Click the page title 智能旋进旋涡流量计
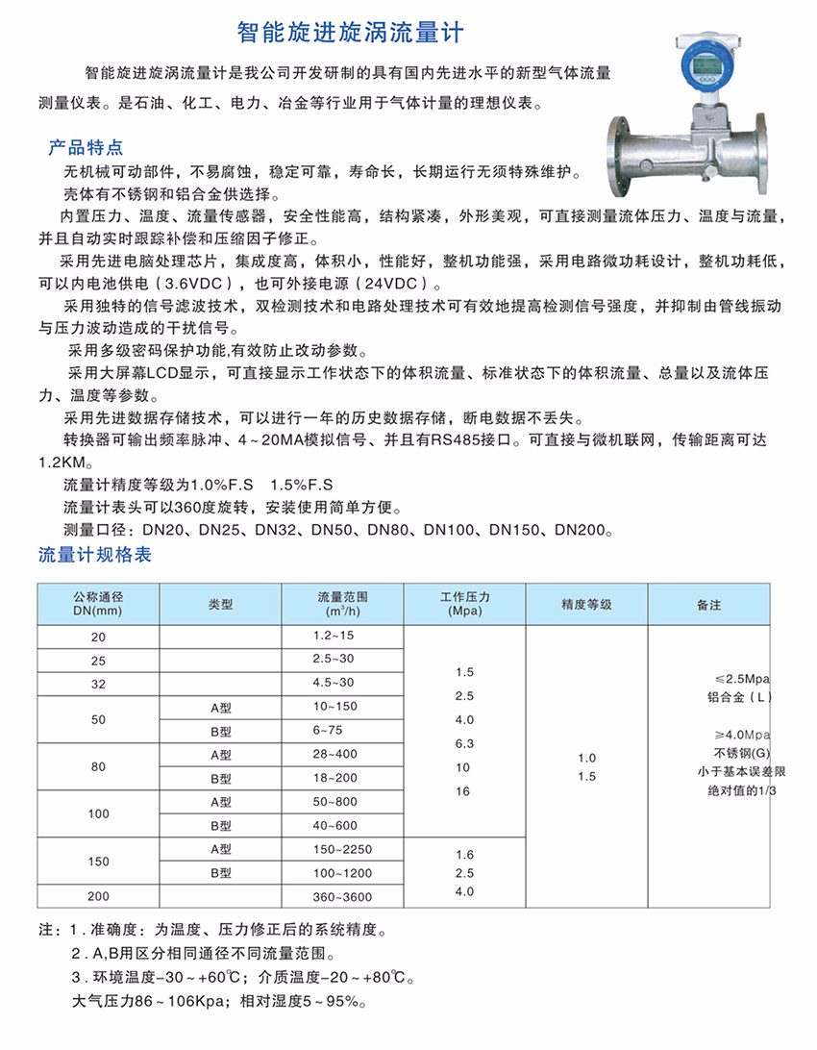click(350, 34)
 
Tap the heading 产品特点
click(86, 148)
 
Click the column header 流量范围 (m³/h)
click(342, 603)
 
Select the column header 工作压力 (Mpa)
click(464, 603)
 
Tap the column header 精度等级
click(586, 605)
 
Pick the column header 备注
click(708, 605)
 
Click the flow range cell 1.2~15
click(334, 636)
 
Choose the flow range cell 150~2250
click(341, 849)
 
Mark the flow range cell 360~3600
click(341, 897)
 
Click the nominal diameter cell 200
click(98, 896)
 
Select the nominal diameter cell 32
click(98, 684)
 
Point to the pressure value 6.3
click(464, 743)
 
